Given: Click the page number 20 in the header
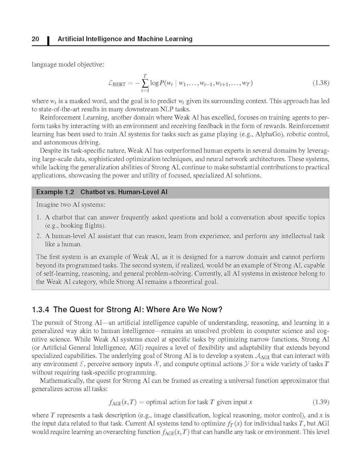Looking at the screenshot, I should point(36,39).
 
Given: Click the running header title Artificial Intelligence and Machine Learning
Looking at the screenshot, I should point(125,39).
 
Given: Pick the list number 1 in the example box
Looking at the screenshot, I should point(39,217).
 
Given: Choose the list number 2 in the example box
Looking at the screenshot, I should point(39,235).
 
